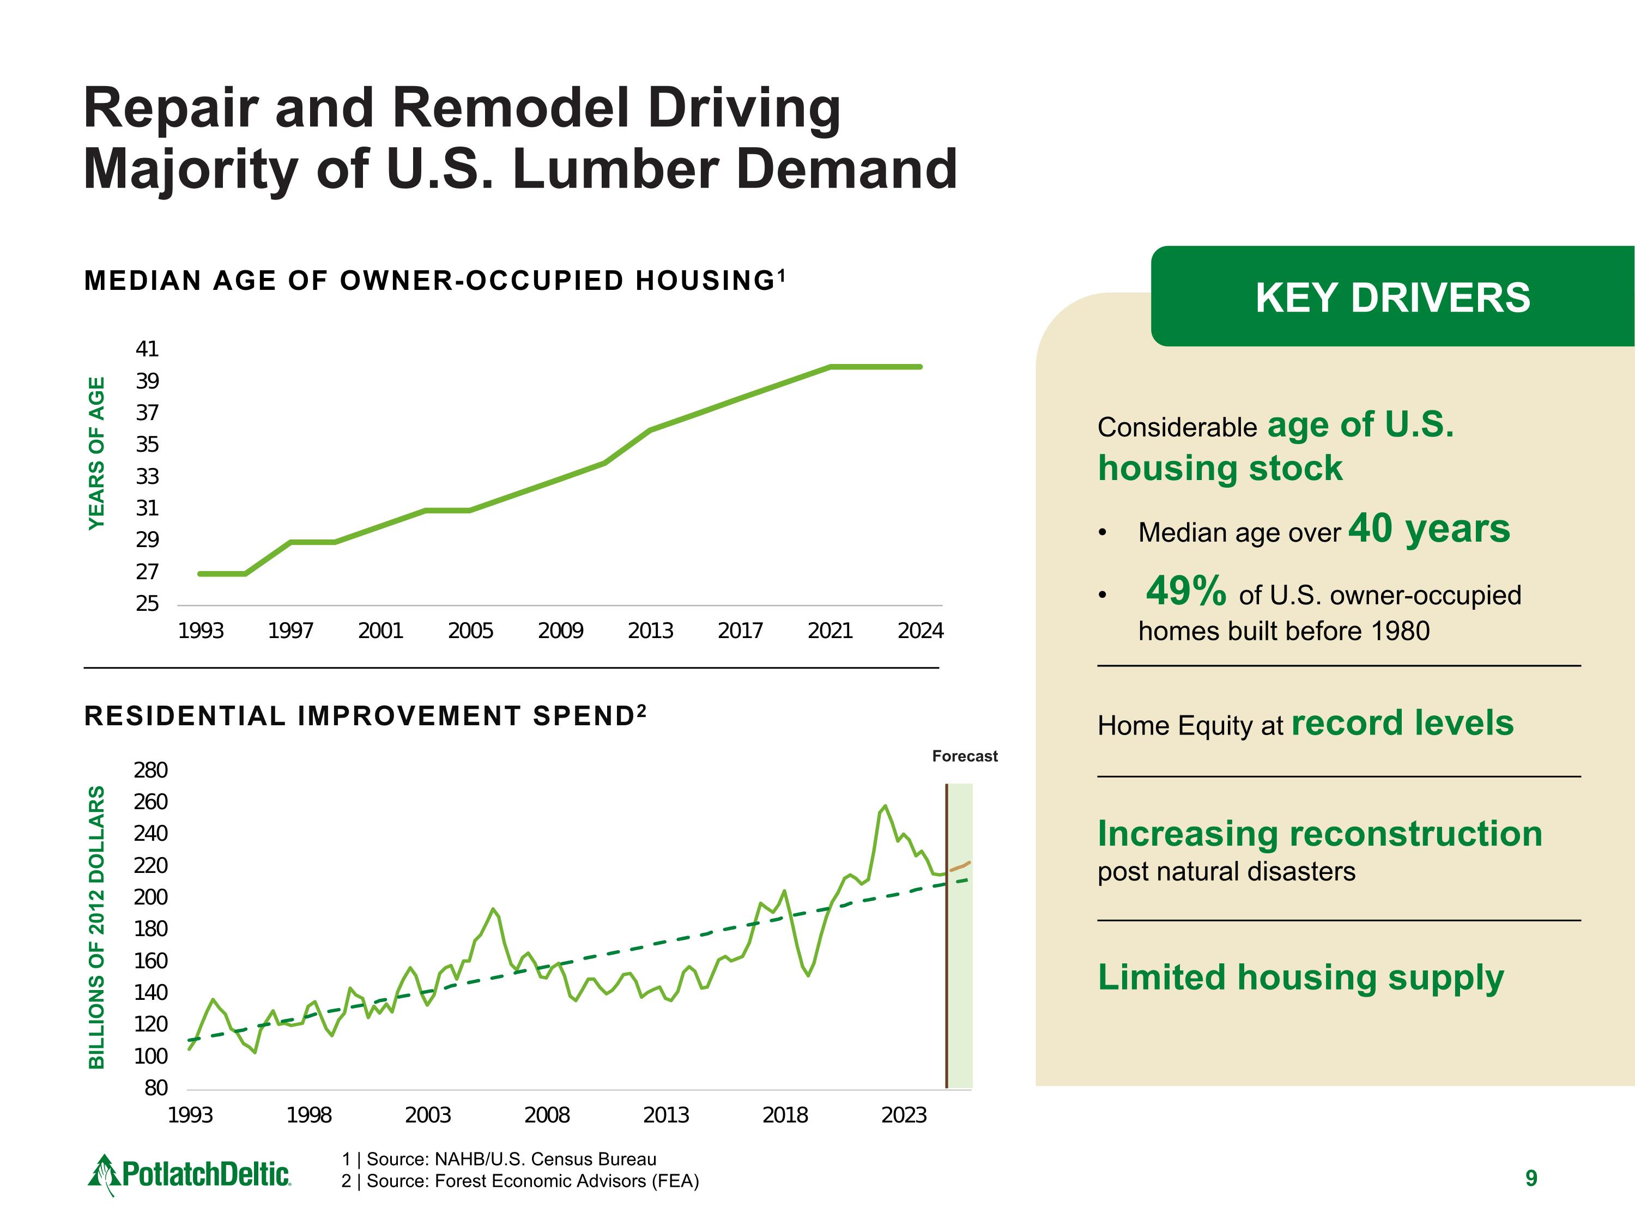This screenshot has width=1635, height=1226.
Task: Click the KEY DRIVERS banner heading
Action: point(1392,298)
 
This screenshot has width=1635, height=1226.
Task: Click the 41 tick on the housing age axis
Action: point(147,349)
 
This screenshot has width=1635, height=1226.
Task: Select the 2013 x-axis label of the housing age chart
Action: point(650,631)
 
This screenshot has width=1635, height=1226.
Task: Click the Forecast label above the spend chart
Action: point(964,756)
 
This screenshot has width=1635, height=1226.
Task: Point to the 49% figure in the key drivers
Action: point(1185,591)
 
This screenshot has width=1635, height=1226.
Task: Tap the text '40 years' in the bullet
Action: point(1429,529)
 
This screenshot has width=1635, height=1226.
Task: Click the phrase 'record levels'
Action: point(1402,723)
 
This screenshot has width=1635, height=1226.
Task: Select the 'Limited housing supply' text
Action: point(1300,977)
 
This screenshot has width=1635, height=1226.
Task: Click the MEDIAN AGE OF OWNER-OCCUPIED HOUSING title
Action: point(434,281)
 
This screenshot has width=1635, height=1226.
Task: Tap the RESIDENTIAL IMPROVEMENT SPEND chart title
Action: point(365,716)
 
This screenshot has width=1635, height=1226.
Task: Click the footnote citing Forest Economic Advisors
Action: point(519,1181)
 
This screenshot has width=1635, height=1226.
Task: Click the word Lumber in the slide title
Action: point(616,169)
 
